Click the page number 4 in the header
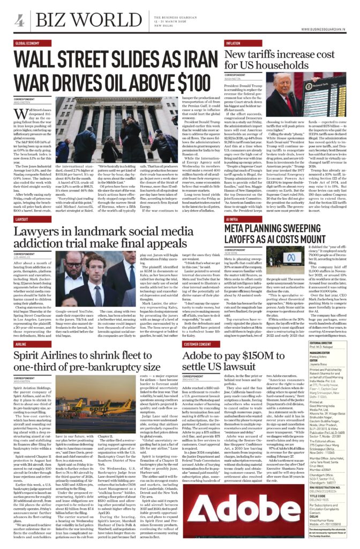tap(19, 20)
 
